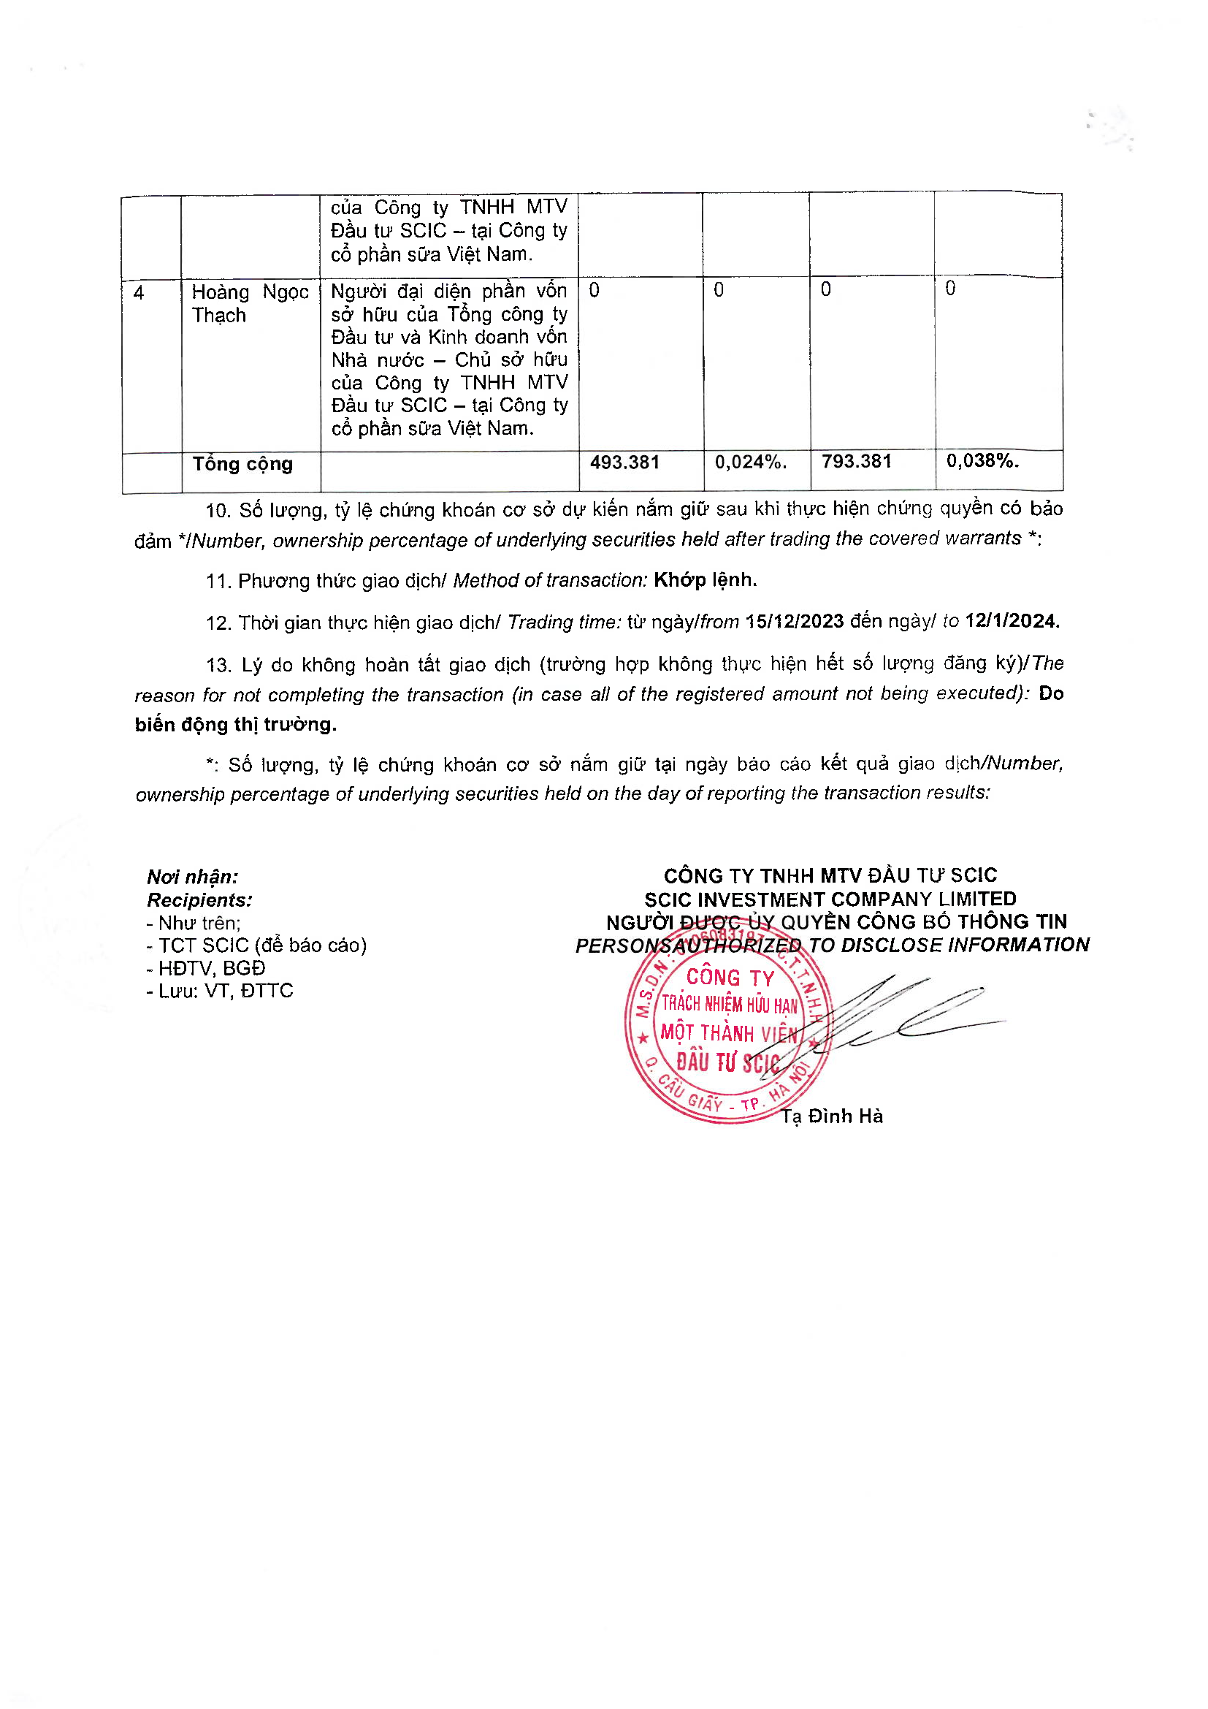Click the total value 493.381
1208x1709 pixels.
[625, 463]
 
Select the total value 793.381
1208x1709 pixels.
[856, 462]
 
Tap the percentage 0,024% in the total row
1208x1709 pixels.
[750, 463]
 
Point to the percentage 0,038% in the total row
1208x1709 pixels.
[982, 461]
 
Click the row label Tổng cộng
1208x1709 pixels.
[242, 464]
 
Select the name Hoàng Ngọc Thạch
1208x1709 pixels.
[250, 304]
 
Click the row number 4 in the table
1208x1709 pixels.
[138, 292]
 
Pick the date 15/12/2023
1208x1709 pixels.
[795, 622]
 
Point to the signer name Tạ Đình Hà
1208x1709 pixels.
[832, 1116]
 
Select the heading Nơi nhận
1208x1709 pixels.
[193, 877]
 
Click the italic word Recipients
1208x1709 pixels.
[199, 900]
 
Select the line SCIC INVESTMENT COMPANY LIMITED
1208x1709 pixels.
[830, 899]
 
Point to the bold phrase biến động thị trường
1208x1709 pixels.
[236, 724]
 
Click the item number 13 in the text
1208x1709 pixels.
[217, 665]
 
